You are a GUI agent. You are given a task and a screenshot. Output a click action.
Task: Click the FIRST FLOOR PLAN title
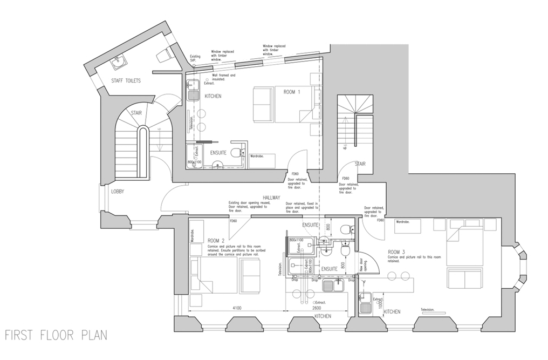click(56, 335)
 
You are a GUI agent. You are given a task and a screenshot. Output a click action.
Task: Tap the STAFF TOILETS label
click(126, 81)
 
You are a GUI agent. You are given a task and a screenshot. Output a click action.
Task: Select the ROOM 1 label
click(292, 92)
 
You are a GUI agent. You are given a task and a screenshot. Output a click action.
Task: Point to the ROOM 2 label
click(216, 240)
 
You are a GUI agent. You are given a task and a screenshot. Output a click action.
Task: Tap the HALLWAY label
click(271, 198)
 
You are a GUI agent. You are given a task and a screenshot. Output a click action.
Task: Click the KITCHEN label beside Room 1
click(213, 96)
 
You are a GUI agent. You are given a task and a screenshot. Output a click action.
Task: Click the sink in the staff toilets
click(118, 63)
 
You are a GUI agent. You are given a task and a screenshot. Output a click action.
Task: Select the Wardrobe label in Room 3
click(403, 221)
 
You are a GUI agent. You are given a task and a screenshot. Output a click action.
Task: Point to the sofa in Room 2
click(250, 274)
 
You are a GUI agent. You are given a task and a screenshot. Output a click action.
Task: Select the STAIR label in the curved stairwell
click(136, 113)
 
